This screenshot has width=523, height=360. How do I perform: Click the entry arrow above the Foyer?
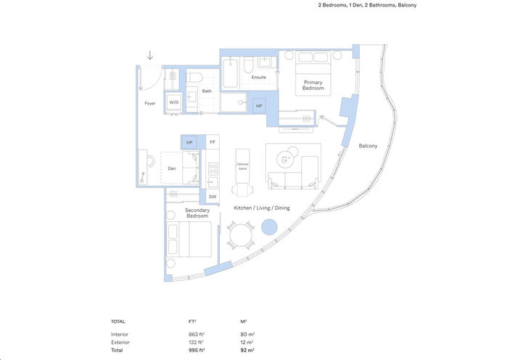point(150,55)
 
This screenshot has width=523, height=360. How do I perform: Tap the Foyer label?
point(149,103)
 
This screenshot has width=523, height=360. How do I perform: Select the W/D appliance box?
point(174,103)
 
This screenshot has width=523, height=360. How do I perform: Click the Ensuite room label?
point(259,77)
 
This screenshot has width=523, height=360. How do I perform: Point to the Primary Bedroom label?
point(313,86)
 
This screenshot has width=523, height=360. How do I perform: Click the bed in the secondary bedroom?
point(189,240)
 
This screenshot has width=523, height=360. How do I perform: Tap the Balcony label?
point(368,146)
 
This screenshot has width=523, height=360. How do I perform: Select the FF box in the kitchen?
point(213,142)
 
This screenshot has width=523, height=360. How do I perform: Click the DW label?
point(213,197)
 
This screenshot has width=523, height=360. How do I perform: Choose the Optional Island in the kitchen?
point(242,166)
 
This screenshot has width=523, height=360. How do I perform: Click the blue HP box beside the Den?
point(189,142)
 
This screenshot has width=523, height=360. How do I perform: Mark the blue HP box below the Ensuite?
point(259,106)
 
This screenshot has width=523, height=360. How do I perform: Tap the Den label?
point(171,169)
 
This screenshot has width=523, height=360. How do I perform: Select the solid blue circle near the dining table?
point(269,227)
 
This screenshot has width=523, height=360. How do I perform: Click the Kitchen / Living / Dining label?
point(261,208)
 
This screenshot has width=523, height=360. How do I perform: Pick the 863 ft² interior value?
point(196,334)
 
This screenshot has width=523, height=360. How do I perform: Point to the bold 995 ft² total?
point(196,350)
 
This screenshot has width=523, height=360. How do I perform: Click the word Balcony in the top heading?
point(406,5)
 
